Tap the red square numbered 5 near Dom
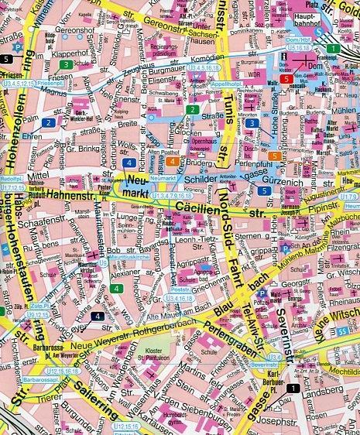coord(286,79)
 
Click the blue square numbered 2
coord(48,122)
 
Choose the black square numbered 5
coord(8,59)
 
